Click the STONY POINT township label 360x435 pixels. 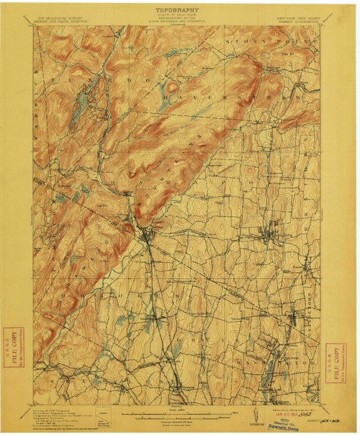click(x=288, y=43)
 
